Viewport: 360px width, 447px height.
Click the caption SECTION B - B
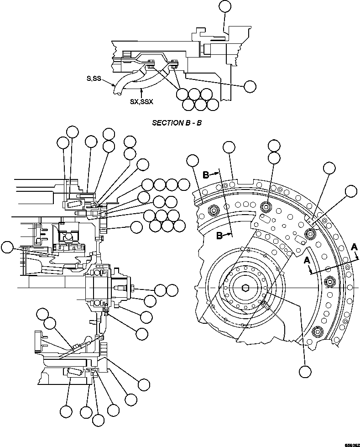pyautogui.click(x=177, y=123)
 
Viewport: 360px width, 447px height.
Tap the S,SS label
pyautogui.click(x=94, y=79)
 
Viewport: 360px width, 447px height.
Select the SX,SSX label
pyautogui.click(x=141, y=102)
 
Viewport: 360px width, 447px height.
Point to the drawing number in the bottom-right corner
pyautogui.click(x=351, y=443)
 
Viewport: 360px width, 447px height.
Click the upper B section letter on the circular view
pyautogui.click(x=206, y=175)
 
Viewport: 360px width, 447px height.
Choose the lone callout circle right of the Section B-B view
pyautogui.click(x=250, y=86)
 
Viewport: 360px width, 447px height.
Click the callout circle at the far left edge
pyautogui.click(x=7, y=247)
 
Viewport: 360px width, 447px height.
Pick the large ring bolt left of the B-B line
pyautogui.click(x=213, y=210)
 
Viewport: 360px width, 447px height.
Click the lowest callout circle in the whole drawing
pyautogui.click(x=98, y=420)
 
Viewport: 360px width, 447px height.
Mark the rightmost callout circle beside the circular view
pyautogui.click(x=351, y=191)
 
